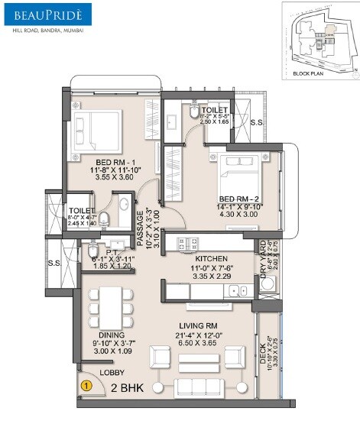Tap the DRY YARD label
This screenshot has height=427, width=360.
262,257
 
